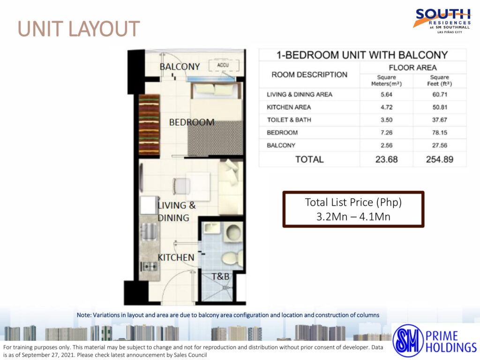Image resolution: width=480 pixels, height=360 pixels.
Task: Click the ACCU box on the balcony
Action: coord(224,66)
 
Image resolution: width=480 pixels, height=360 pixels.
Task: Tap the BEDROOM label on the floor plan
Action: coord(192,122)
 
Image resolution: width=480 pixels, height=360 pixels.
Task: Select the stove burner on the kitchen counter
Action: coord(149,267)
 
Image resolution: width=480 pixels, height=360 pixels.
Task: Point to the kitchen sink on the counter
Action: coord(149,231)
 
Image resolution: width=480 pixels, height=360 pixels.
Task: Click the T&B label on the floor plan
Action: coord(220,277)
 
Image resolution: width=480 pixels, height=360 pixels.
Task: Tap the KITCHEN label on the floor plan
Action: coord(176,257)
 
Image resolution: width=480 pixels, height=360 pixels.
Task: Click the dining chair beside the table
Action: coord(181,186)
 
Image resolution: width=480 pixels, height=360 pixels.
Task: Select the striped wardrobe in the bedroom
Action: coord(150,125)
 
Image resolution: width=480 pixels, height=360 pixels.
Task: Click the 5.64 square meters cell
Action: coord(386,95)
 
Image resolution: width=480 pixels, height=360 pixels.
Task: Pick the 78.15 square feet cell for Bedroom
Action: coord(440,133)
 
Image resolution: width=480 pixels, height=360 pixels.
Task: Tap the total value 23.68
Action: coord(386,159)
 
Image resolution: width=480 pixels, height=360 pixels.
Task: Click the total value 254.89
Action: coord(440,159)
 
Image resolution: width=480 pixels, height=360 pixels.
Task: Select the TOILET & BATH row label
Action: coord(289,120)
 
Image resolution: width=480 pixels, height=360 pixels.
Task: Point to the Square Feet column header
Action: coord(440,81)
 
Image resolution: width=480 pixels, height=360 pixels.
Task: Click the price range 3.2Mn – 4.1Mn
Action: coord(353,217)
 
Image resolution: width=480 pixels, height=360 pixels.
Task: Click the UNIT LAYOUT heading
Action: coord(79,29)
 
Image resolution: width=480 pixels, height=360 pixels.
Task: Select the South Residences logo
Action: coord(442,21)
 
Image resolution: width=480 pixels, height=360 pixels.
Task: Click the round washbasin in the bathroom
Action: coord(233,232)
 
